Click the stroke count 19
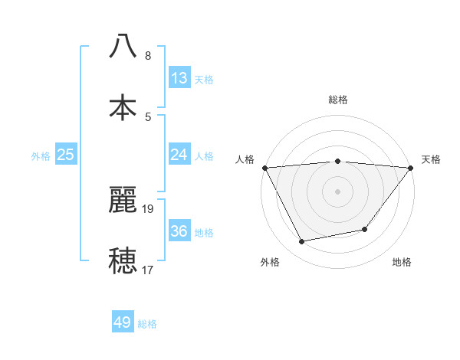(x=148, y=208)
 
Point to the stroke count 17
(x=148, y=270)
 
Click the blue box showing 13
(x=179, y=78)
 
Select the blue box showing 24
(x=179, y=155)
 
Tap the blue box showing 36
(x=179, y=231)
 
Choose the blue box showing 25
(x=66, y=155)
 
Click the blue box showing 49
(x=123, y=322)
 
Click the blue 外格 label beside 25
(x=41, y=156)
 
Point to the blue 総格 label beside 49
(x=147, y=324)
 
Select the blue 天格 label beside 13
(x=204, y=80)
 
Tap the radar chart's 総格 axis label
(x=337, y=100)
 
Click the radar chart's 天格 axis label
(x=432, y=159)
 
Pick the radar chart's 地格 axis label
(x=402, y=262)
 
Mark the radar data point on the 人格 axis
(x=264, y=168)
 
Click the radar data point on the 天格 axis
(x=411, y=168)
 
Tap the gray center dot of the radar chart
(x=337, y=191)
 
